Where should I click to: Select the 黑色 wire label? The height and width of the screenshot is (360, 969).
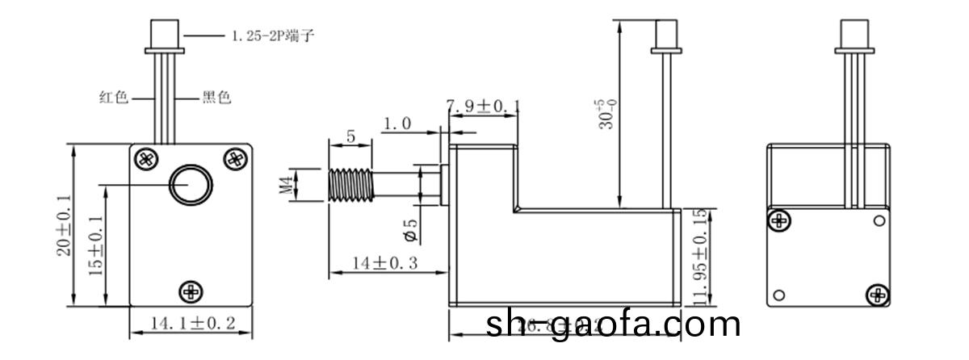click(x=216, y=98)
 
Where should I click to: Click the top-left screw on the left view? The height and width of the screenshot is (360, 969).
click(x=145, y=158)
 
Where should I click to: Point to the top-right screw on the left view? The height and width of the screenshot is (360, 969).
click(x=234, y=158)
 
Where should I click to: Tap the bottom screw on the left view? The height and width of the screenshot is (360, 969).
click(x=191, y=291)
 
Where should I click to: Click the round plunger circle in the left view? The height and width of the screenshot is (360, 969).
click(x=191, y=186)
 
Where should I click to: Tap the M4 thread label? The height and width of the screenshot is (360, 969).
click(x=284, y=186)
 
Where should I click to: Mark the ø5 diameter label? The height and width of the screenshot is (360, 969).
click(x=409, y=230)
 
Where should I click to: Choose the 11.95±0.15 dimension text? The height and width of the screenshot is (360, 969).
click(x=698, y=257)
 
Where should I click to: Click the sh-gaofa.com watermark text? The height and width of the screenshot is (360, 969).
click(x=614, y=324)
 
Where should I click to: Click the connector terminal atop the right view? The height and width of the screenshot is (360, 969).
click(x=853, y=35)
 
